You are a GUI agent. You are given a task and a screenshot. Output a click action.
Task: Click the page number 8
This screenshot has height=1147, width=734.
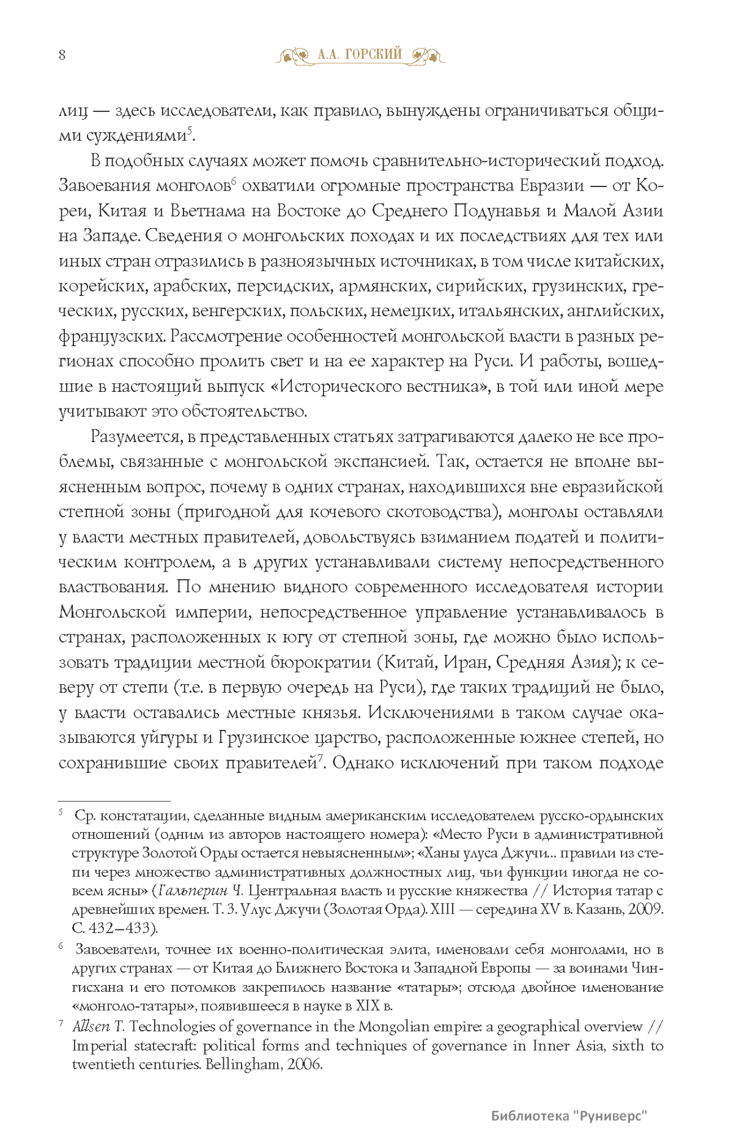click(x=62, y=55)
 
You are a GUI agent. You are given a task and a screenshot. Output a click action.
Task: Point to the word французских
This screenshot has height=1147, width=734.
click(x=112, y=336)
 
